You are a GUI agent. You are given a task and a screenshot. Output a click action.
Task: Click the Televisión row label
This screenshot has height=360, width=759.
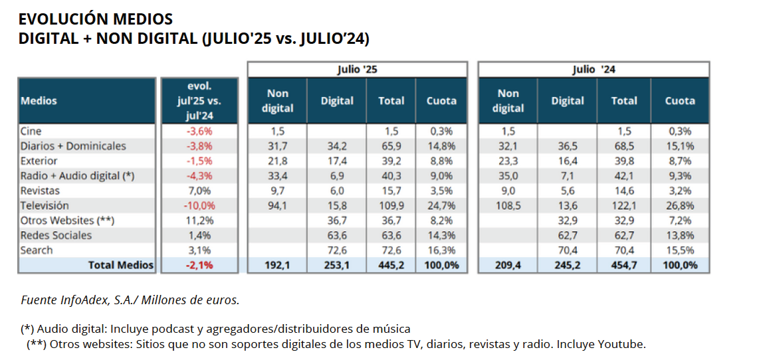coord(45,206)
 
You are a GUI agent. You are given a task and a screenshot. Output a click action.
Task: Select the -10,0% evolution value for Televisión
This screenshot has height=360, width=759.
coord(199,206)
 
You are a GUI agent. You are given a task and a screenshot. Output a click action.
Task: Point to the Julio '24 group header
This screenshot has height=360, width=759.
coord(594,69)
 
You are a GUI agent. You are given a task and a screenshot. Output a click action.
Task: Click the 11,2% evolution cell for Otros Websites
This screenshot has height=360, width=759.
coord(199,221)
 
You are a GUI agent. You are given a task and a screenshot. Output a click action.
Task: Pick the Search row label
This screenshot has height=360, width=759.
coord(37,250)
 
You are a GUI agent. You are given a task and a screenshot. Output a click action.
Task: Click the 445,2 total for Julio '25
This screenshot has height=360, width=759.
coord(391,265)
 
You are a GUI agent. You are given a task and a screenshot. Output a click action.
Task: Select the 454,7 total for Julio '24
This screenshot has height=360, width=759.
coord(624,265)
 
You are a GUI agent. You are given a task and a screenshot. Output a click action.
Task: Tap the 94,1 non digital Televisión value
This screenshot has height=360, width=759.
coord(277,206)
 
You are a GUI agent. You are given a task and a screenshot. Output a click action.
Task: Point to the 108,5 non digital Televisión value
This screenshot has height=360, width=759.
coord(508,206)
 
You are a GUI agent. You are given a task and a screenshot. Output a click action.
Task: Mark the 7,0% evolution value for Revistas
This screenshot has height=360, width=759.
coord(199,191)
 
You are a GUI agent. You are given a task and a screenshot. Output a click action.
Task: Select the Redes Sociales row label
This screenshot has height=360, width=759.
coord(56,235)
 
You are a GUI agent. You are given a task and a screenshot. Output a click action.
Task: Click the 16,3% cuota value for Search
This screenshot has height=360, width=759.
coord(441,250)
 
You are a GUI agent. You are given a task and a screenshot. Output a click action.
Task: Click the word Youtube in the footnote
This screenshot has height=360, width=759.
coord(624,344)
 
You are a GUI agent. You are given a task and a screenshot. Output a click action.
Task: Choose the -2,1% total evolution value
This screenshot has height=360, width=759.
coord(199,265)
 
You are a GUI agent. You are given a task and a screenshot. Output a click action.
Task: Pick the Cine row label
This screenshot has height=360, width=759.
coord(31,131)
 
